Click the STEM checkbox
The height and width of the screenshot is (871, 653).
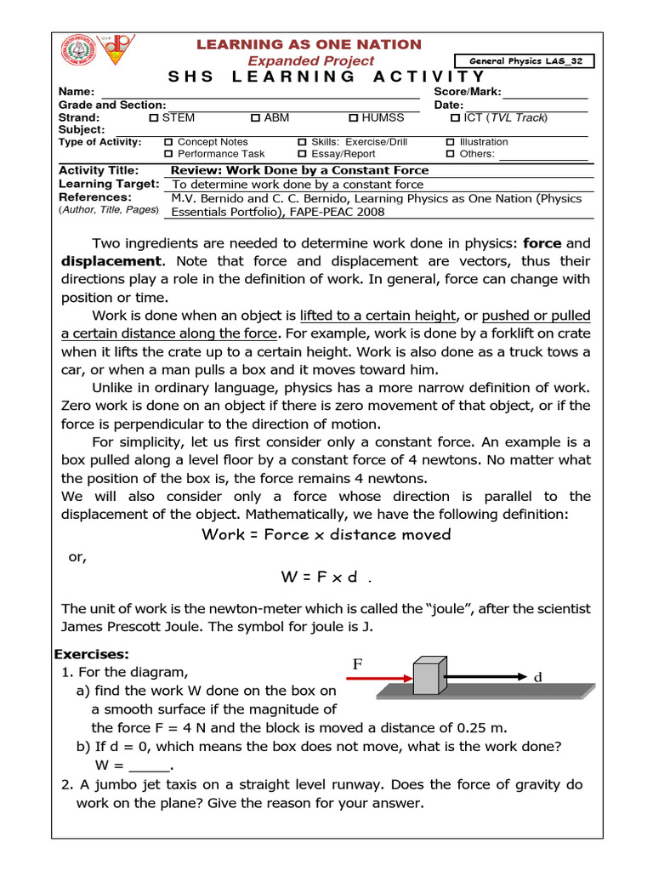(154, 118)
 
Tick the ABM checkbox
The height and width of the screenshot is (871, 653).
(255, 118)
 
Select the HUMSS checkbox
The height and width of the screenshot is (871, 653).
(354, 118)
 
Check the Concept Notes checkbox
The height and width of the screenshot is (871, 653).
(168, 142)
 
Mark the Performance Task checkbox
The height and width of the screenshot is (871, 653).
(168, 154)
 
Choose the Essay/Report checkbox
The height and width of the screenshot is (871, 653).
(303, 154)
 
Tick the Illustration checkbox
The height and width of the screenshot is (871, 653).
(451, 142)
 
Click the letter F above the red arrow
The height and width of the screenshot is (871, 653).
(358, 663)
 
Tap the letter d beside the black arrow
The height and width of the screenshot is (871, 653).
(537, 678)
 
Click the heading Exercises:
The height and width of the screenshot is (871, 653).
(92, 654)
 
